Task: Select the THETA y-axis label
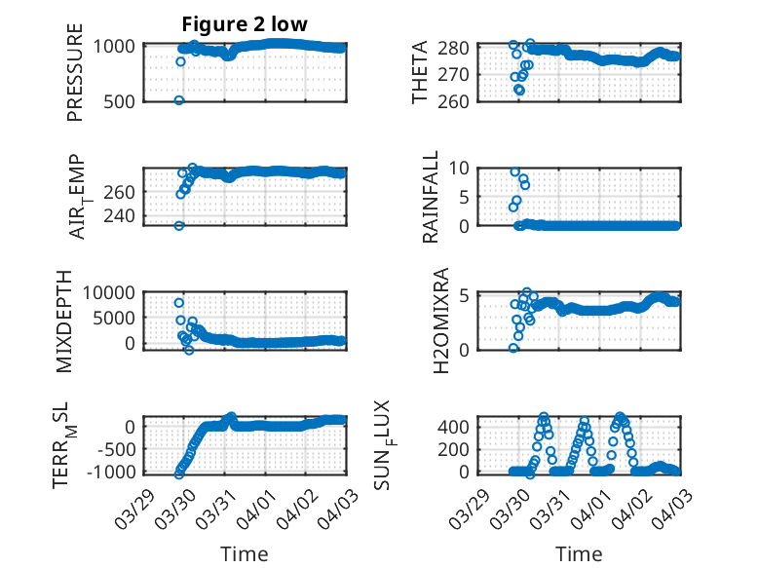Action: (420, 74)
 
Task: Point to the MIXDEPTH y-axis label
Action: (65, 321)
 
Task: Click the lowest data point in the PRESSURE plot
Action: (179, 100)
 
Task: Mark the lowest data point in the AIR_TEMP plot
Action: (179, 226)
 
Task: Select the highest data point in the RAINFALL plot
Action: (515, 171)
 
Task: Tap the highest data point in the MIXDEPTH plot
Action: (179, 303)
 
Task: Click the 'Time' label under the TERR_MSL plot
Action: (245, 553)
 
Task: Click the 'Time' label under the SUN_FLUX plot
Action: (579, 553)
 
